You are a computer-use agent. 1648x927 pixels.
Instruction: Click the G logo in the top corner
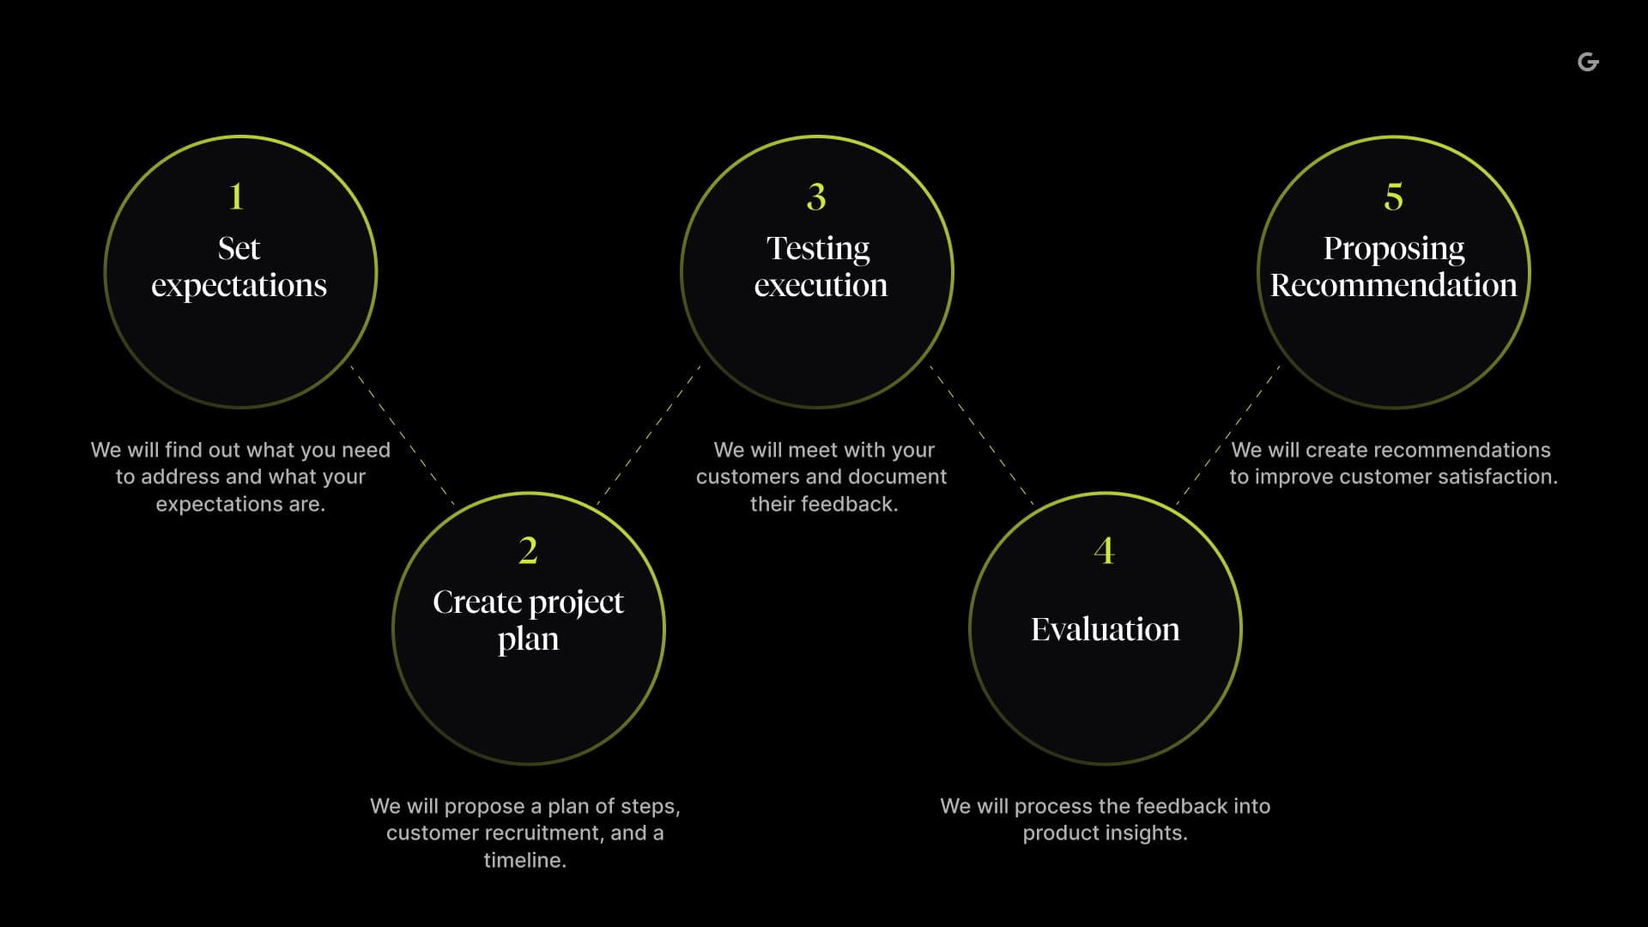1588,62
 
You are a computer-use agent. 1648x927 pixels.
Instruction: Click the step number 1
237,197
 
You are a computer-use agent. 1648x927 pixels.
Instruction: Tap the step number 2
528,550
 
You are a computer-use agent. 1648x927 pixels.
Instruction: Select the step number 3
816,197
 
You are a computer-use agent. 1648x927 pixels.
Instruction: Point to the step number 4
1104,550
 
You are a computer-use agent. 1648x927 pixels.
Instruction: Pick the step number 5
1393,197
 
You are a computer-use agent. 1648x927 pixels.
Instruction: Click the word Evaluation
1105,629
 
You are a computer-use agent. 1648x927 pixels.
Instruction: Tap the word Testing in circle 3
818,248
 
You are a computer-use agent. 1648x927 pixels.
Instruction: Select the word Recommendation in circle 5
1393,285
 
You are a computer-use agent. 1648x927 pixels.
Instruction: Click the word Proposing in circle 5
1393,248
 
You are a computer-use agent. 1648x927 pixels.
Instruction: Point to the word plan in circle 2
528,639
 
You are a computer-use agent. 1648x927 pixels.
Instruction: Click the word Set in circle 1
239,248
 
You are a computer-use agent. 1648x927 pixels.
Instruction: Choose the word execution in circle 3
821,285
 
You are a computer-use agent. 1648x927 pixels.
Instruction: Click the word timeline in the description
523,860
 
